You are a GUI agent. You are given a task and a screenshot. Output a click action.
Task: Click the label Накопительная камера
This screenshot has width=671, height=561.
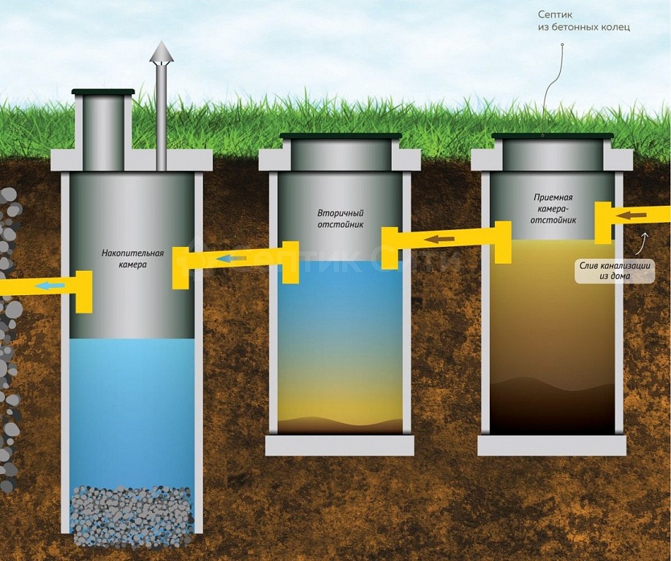click(x=132, y=259)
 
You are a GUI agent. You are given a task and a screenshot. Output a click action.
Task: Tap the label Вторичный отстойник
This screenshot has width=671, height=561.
click(x=340, y=218)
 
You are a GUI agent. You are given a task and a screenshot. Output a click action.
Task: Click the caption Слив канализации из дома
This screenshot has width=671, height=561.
click(x=614, y=270)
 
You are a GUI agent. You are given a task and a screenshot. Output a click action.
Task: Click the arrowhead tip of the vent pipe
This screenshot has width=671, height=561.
click(x=162, y=45)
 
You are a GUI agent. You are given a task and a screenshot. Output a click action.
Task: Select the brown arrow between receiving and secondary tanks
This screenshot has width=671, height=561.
click(x=441, y=239)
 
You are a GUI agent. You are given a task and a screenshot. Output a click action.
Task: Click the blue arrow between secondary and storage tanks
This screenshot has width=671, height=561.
click(x=232, y=258)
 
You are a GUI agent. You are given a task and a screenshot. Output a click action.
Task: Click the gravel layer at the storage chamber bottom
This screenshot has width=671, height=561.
click(x=132, y=516)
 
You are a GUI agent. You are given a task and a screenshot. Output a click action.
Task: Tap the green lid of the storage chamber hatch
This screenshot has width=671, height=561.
click(x=103, y=92)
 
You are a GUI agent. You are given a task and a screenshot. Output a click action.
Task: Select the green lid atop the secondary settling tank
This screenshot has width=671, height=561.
click(x=341, y=136)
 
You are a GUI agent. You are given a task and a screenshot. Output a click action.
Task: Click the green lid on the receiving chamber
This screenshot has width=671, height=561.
click(x=553, y=136)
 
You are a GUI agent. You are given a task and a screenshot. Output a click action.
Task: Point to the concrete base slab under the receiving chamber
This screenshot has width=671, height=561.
click(x=552, y=446)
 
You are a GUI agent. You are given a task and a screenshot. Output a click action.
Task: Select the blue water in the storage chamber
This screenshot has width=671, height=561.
click(x=132, y=409)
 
